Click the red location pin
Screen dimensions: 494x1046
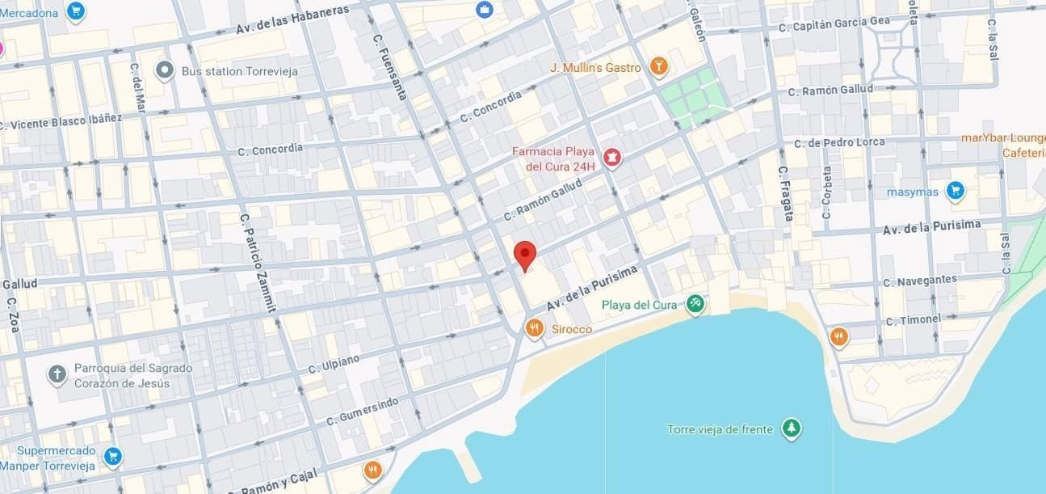pyautogui.click(x=525, y=254)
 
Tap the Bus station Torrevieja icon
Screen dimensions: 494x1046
pyautogui.click(x=165, y=71)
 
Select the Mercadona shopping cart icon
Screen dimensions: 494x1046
pyautogui.click(x=76, y=11)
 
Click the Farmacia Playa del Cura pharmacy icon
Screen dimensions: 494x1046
pyautogui.click(x=611, y=158)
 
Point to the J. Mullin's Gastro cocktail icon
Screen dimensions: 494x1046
pyautogui.click(x=658, y=67)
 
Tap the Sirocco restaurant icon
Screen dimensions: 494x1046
pyautogui.click(x=534, y=328)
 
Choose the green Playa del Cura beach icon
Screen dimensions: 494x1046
pyautogui.click(x=695, y=304)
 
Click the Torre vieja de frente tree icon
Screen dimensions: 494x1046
pyautogui.click(x=792, y=429)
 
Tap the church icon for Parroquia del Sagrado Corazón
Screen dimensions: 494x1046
pyautogui.click(x=57, y=374)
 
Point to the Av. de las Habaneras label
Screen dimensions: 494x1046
pyautogui.click(x=292, y=20)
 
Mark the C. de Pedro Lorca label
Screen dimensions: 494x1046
pyautogui.click(x=839, y=143)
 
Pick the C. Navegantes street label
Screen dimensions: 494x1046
pyautogui.click(x=919, y=281)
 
